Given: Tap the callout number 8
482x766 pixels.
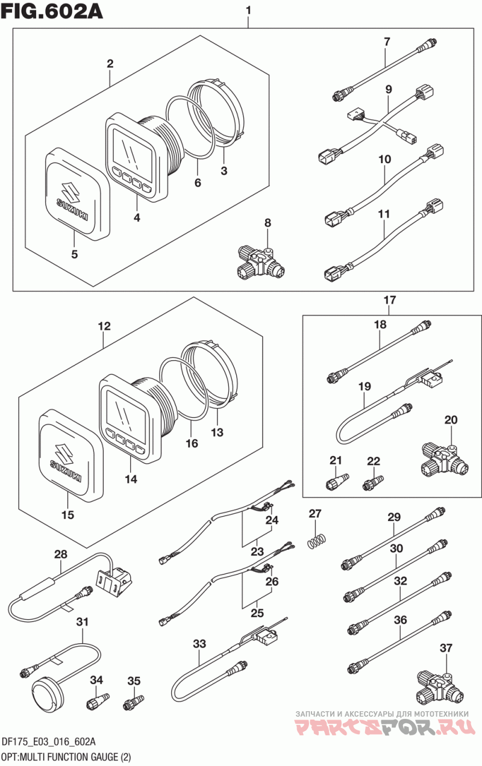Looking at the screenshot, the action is (268, 223).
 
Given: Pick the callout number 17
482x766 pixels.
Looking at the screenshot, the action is (390, 300).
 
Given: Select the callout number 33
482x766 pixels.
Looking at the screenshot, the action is (199, 644).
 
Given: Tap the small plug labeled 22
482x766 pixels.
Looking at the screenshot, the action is (373, 482).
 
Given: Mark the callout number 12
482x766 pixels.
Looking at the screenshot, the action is (104, 326).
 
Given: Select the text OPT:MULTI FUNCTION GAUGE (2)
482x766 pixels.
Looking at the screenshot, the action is (66, 757).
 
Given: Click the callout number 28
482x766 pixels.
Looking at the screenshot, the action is (61, 554).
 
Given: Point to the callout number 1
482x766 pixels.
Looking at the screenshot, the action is (248, 11).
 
